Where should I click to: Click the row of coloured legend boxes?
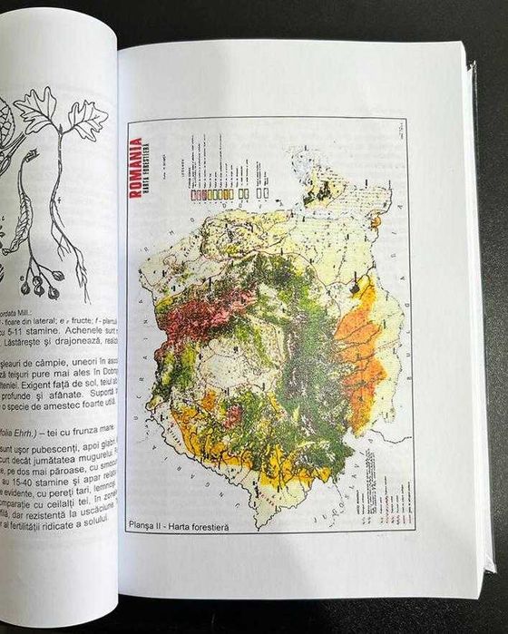point(212,194)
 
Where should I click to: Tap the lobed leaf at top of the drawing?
point(36,109)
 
